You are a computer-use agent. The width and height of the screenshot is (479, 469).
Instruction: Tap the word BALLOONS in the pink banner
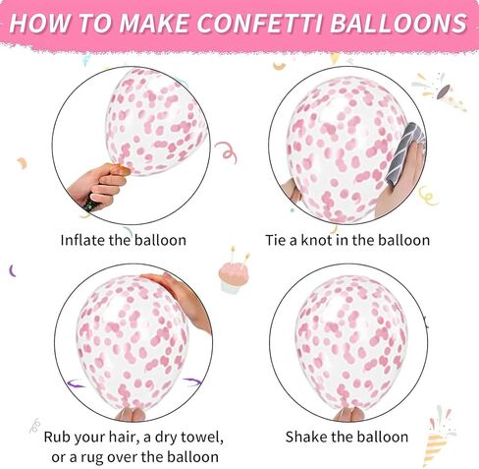click(x=399, y=24)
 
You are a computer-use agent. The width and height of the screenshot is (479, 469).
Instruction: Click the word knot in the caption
click(x=316, y=240)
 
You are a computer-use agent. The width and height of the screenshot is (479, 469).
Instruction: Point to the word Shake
click(x=306, y=437)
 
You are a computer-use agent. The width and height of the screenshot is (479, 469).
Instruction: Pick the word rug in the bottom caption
click(x=92, y=458)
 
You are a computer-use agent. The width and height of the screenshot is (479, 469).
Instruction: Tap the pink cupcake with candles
click(x=234, y=274)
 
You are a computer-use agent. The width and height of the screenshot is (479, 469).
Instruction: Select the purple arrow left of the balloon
click(x=76, y=383)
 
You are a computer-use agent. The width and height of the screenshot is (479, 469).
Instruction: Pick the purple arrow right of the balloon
click(x=192, y=381)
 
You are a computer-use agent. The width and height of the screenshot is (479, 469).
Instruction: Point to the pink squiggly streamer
click(x=227, y=152)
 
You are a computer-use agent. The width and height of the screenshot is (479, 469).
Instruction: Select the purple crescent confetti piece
click(x=12, y=270)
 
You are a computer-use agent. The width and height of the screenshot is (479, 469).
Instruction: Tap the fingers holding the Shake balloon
click(x=348, y=414)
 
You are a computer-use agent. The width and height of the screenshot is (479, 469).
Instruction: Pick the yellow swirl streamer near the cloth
click(x=429, y=196)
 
